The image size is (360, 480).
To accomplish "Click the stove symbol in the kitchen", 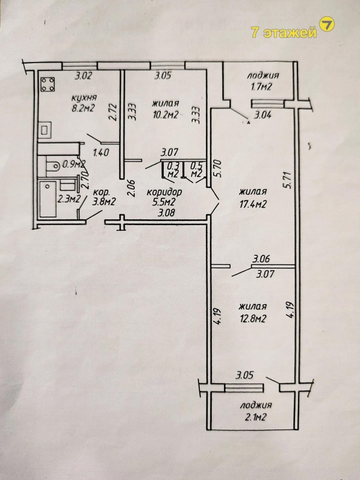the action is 48,84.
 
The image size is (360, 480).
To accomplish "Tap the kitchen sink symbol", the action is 45,130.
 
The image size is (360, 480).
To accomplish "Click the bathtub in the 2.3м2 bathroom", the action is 48,199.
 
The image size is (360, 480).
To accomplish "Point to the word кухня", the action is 84,98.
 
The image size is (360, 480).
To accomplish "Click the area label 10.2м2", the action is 166,114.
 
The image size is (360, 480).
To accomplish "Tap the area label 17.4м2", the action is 252,204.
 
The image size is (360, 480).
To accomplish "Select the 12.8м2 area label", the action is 252,319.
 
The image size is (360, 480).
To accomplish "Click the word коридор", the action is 165,192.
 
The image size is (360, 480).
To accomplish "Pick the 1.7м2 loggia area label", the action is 259,87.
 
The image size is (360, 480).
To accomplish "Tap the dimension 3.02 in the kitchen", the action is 84,75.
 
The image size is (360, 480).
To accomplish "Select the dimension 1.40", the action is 101,152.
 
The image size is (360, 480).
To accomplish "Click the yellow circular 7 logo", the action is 327,24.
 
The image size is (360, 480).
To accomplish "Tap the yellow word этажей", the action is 290,33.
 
